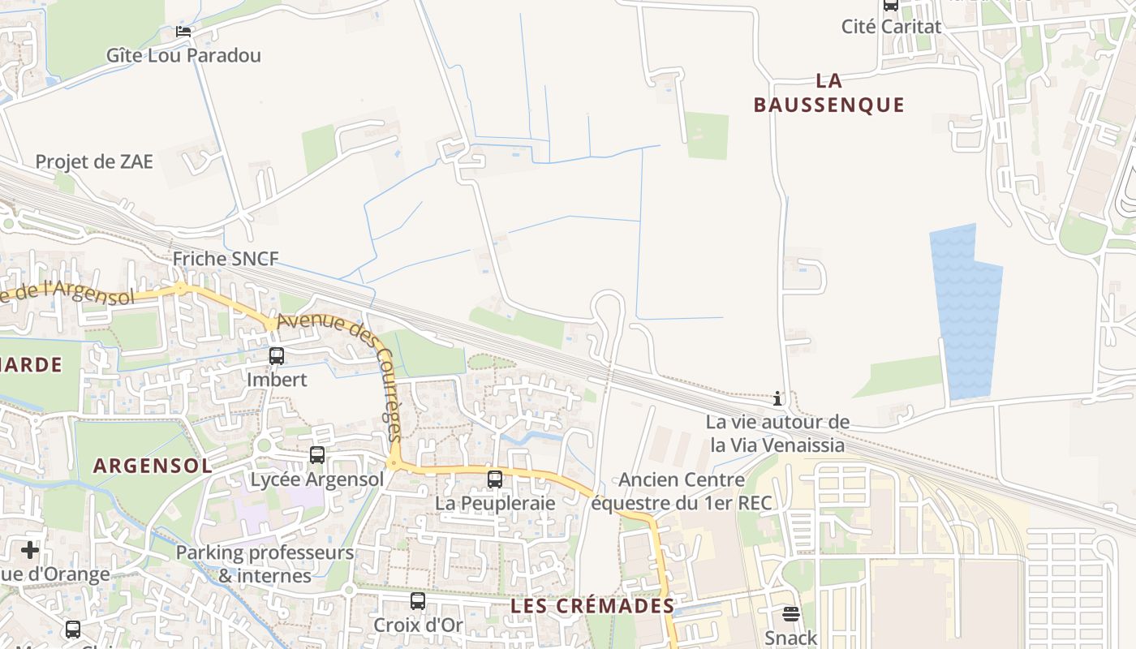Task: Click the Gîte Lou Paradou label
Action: (x=184, y=55)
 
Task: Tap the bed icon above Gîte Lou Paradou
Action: (x=183, y=32)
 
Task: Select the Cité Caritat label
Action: (x=891, y=26)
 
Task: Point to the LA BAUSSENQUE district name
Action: (x=828, y=92)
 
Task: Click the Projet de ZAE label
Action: (x=94, y=161)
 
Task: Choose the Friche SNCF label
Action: (x=226, y=259)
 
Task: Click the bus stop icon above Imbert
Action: (x=277, y=355)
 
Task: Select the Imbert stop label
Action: (x=277, y=379)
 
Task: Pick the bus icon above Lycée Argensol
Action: (x=317, y=455)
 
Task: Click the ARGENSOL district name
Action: (x=153, y=466)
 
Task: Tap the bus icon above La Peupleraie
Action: (x=495, y=479)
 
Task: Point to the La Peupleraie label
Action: (x=495, y=503)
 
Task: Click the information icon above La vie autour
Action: (x=777, y=398)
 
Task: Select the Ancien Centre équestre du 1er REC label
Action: (x=682, y=492)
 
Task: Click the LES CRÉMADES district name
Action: (x=592, y=606)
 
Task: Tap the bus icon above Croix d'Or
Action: (x=418, y=601)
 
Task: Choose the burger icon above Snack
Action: (x=791, y=614)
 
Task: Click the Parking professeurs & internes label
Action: (x=265, y=565)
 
